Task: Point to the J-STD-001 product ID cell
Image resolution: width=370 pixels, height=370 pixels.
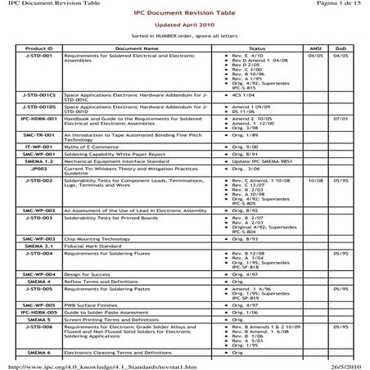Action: click(39, 56)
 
